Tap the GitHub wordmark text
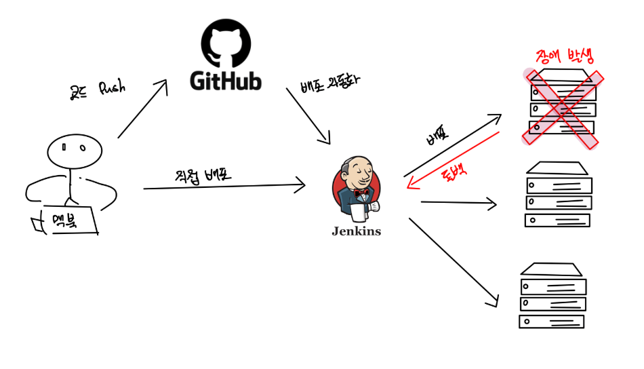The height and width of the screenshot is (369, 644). (x=225, y=81)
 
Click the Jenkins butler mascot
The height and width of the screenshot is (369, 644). (x=356, y=189)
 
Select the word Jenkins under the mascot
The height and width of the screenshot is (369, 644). (x=356, y=231)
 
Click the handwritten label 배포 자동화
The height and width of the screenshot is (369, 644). (x=330, y=84)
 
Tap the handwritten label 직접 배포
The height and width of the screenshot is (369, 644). (x=204, y=174)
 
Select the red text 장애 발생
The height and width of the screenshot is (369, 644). (x=563, y=56)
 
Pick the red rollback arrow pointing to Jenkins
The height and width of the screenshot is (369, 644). (x=453, y=161)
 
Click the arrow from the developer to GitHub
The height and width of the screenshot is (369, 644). (x=142, y=109)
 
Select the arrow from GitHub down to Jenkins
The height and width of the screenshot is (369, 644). (x=308, y=115)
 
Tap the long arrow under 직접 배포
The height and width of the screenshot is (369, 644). (x=224, y=185)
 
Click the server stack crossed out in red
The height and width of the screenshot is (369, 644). (x=562, y=105)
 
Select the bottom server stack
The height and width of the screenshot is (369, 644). (x=552, y=296)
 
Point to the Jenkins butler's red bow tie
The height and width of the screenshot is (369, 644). (x=361, y=193)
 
